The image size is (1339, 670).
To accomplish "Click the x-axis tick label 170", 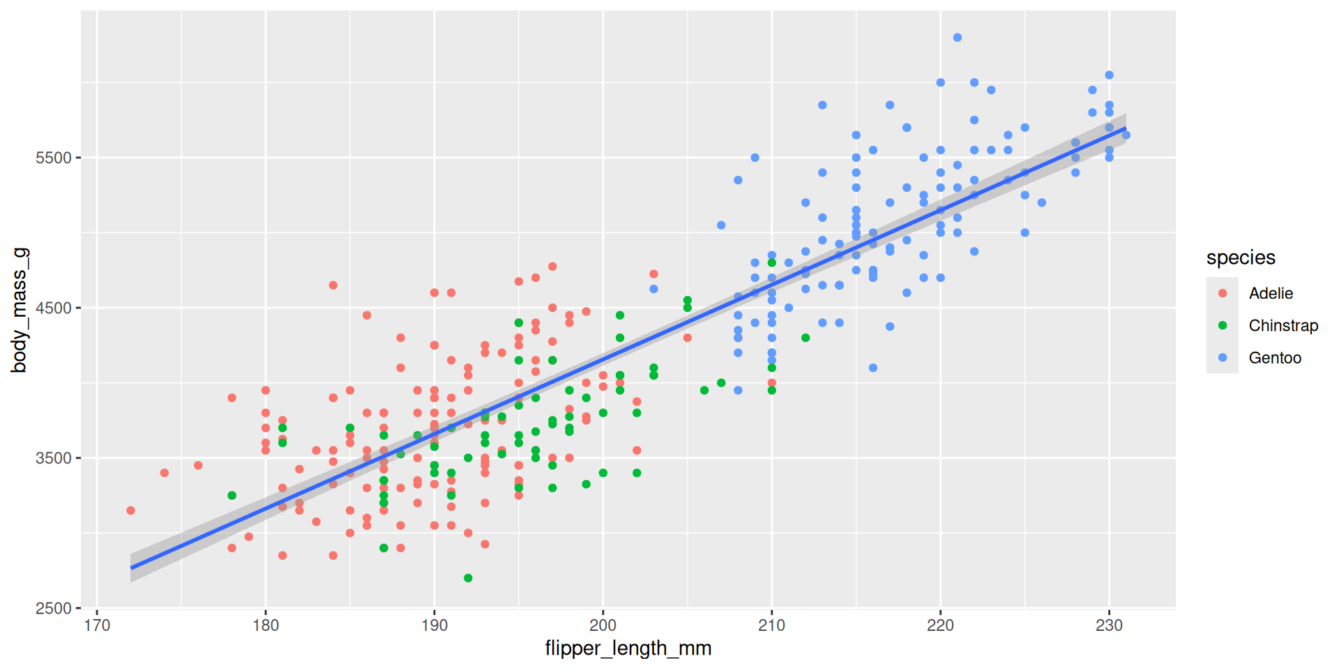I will pyautogui.click(x=97, y=625).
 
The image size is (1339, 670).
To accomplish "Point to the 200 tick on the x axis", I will pyautogui.click(x=603, y=625).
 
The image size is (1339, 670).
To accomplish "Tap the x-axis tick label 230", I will pyautogui.click(x=1109, y=625).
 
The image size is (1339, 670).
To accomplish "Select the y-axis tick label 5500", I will pyautogui.click(x=54, y=158).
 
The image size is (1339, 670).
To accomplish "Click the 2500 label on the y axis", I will pyautogui.click(x=54, y=609).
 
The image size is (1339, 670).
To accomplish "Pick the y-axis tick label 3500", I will pyautogui.click(x=54, y=459).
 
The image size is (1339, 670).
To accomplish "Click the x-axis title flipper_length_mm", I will pyautogui.click(x=628, y=648).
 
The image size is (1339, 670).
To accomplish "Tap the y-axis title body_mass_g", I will pyautogui.click(x=20, y=310).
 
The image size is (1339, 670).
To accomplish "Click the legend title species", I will pyautogui.click(x=1241, y=258).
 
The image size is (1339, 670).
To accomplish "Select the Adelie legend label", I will pyautogui.click(x=1271, y=294).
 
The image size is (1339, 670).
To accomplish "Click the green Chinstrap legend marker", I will pyautogui.click(x=1223, y=326).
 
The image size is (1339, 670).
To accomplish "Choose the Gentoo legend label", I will pyautogui.click(x=1275, y=358).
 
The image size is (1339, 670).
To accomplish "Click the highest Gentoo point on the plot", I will pyautogui.click(x=958, y=38).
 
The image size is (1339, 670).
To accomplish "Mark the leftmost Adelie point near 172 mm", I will pyautogui.click(x=130, y=511).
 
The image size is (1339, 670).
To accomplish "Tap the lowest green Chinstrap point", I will pyautogui.click(x=468, y=578).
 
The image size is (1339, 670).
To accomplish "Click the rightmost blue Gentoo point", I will pyautogui.click(x=1126, y=135).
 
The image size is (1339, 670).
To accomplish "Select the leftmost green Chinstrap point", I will pyautogui.click(x=232, y=496).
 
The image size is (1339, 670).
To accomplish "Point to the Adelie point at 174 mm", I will pyautogui.click(x=165, y=473).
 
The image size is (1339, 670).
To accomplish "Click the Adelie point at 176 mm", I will pyautogui.click(x=198, y=466).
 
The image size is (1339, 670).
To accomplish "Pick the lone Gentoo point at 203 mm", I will pyautogui.click(x=653, y=289).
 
